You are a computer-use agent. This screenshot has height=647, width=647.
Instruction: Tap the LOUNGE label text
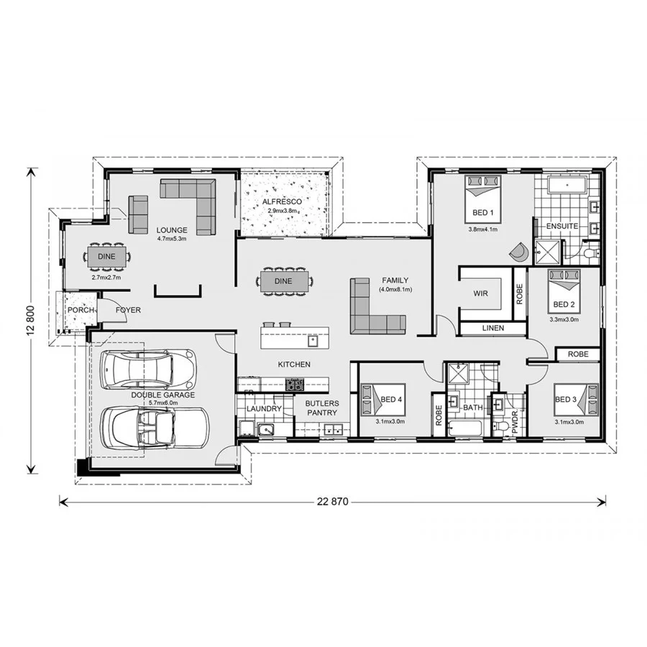click(x=172, y=230)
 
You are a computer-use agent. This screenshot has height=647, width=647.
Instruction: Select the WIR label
click(x=481, y=294)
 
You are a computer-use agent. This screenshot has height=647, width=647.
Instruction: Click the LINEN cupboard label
click(x=493, y=329)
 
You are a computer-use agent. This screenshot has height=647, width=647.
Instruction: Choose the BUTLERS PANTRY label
click(x=321, y=408)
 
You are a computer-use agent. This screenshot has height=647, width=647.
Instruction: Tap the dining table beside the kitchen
click(x=283, y=281)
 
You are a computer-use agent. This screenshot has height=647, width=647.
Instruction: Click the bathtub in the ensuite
click(x=567, y=186)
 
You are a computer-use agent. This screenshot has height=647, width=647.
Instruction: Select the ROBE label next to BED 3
click(x=578, y=354)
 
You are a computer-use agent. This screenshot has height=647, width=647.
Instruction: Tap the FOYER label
click(x=129, y=310)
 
